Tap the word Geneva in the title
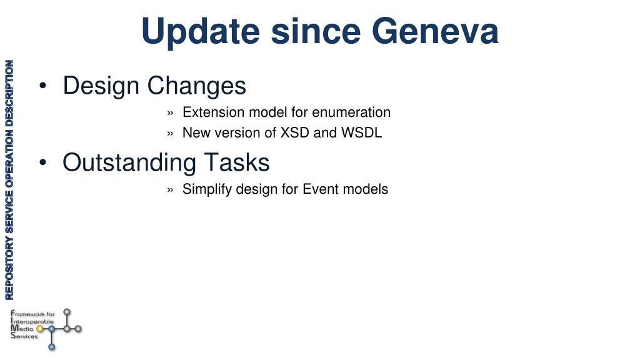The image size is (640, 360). (x=435, y=31)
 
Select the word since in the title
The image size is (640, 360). (x=316, y=31)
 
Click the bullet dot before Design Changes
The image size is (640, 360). (x=43, y=86)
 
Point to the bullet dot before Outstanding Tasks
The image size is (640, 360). (x=43, y=162)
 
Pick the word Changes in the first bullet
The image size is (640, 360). (x=196, y=86)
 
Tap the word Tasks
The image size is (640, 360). (x=237, y=162)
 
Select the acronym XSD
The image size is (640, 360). (x=294, y=132)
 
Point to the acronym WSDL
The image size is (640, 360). (x=361, y=132)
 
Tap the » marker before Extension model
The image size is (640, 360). (x=170, y=113)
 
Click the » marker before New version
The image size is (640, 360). (x=170, y=134)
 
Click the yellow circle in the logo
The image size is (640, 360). (x=39, y=329)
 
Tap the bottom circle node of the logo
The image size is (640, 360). (x=52, y=347)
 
